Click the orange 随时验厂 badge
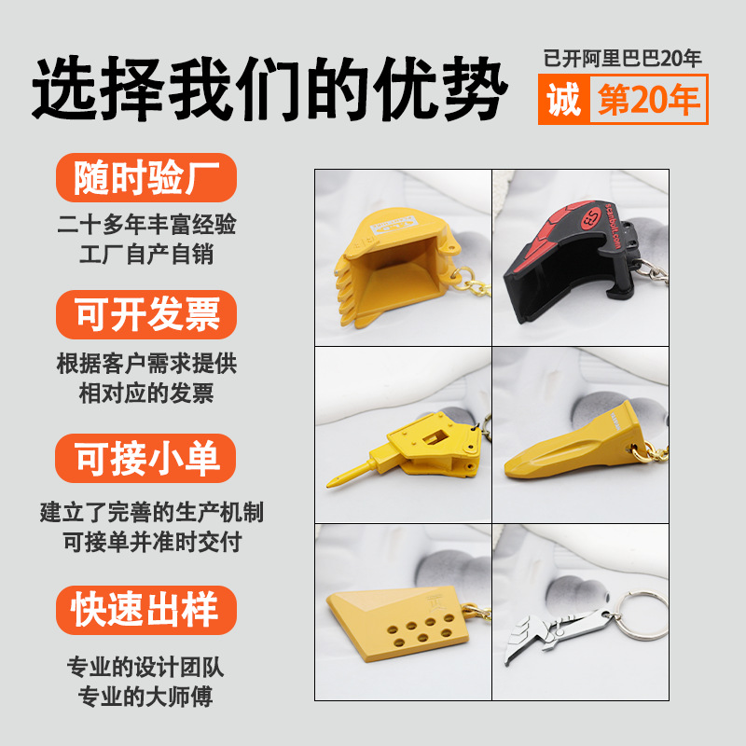146,177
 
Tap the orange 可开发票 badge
146,314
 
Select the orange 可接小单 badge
145,458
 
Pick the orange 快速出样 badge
146,610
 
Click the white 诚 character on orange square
564,100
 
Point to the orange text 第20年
648,100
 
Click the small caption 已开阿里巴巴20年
622,58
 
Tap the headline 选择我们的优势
269,88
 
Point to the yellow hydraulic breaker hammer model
409,449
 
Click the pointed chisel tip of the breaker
328,485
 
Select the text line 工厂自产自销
146,254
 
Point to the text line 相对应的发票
146,393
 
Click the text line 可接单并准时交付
152,542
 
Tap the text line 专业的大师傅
145,697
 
